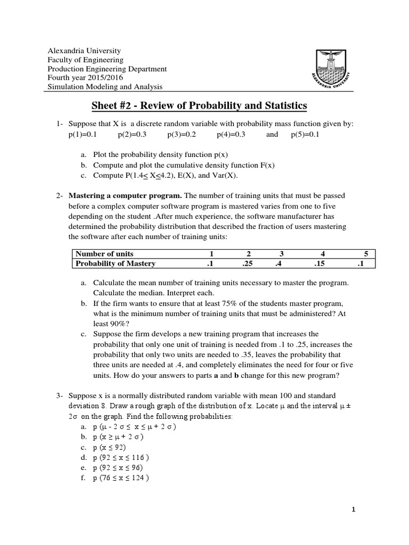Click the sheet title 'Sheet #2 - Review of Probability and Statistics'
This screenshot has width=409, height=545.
coord(199,106)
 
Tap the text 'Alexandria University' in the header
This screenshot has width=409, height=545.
coord(85,50)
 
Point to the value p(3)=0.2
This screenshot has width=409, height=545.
coord(182,135)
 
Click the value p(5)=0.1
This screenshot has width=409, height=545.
coord(305,135)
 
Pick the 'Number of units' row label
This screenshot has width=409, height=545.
coord(104,253)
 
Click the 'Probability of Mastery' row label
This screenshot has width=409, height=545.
coord(115,263)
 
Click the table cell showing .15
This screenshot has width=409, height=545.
coord(321,263)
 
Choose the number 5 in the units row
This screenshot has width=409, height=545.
coord(366,253)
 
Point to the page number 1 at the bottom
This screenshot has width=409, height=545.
coord(353,509)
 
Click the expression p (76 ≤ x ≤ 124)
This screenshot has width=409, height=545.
coord(120,477)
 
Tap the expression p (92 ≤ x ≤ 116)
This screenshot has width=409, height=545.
coord(120,457)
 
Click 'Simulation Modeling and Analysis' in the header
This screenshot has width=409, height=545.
coord(105,87)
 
